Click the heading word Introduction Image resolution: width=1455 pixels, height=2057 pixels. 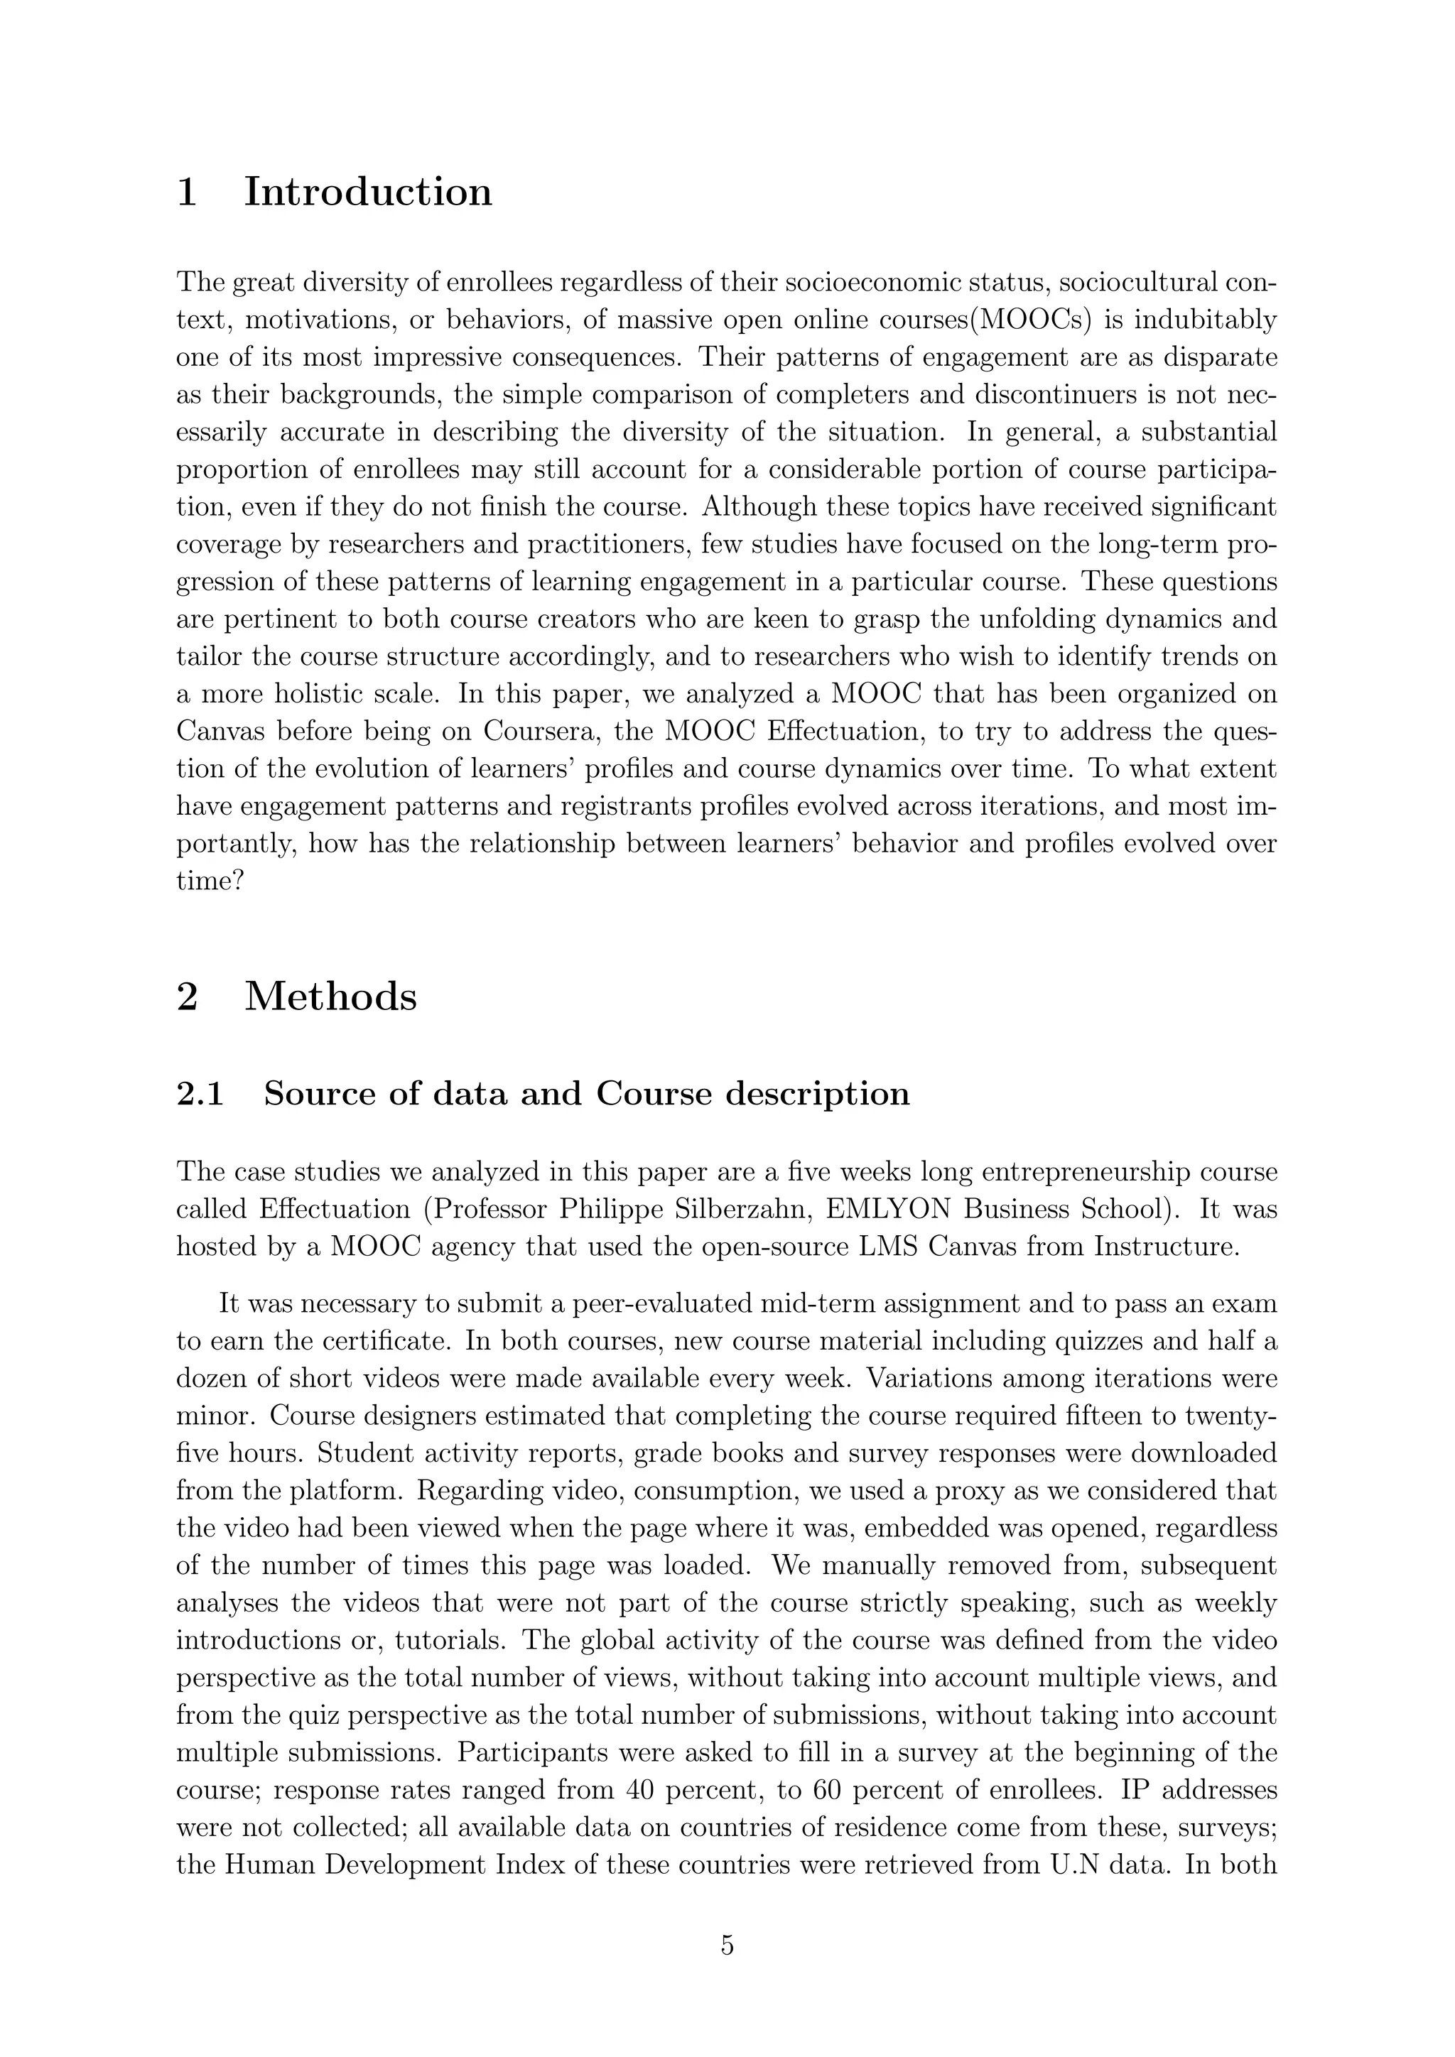pos(367,192)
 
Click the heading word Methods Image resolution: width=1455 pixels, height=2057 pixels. pos(330,997)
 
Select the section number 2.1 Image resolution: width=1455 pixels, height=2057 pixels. pos(200,1094)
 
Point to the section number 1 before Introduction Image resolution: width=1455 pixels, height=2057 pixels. pos(188,192)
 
